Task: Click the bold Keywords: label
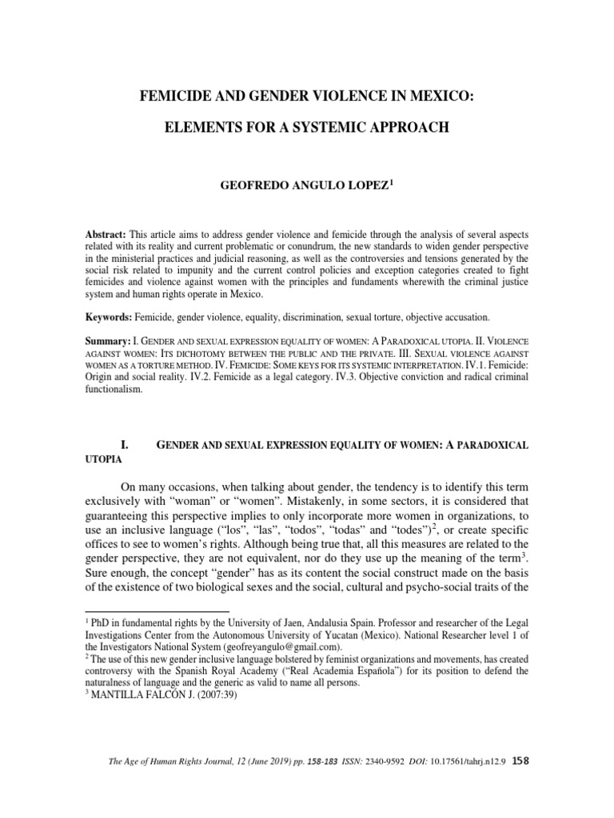click(110, 317)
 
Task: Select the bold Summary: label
click(110, 341)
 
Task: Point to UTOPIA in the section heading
click(102, 461)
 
